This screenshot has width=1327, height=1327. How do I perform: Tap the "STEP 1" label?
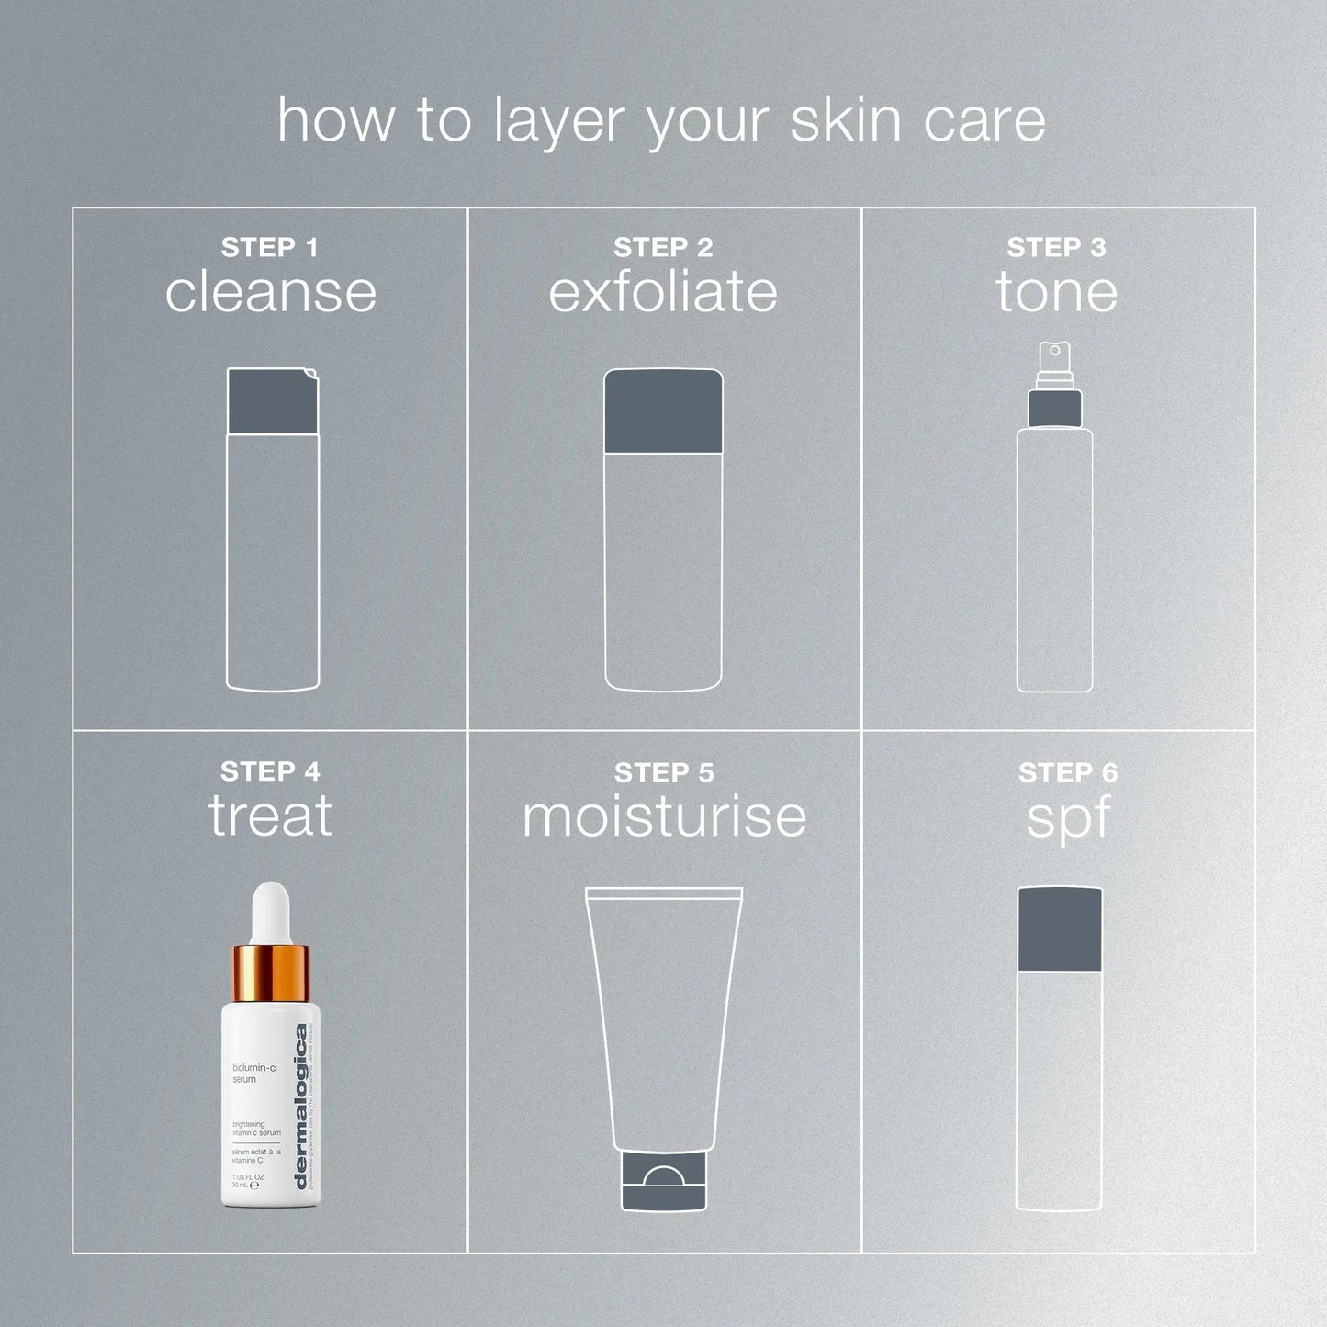pos(269,248)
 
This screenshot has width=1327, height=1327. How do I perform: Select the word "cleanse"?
pos(271,292)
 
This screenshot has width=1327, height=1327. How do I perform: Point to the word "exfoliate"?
pos(663,292)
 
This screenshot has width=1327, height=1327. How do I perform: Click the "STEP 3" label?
pos(1056,248)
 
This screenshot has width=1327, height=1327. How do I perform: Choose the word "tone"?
pos(1057,292)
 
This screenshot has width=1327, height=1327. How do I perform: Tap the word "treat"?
pos(270,816)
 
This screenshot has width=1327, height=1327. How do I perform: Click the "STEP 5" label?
pos(664,773)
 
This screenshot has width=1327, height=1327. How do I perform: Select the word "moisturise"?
pos(664,816)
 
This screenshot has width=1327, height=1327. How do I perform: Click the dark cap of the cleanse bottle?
pos(273,401)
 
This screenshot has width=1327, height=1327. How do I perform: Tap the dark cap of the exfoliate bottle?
pos(663,411)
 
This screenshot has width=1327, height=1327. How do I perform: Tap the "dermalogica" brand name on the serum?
pos(301,1107)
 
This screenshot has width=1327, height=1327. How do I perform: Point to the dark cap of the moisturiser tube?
pos(664,1183)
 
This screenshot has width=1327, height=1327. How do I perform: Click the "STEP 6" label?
pos(1068,773)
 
